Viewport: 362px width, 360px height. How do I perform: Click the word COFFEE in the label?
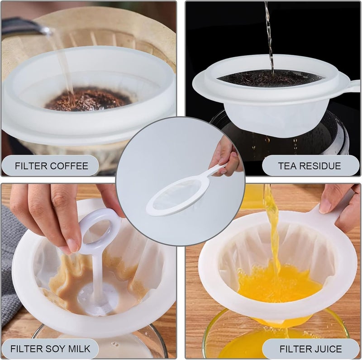(x=69, y=166)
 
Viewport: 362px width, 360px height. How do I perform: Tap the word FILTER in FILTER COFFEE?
(x=31, y=166)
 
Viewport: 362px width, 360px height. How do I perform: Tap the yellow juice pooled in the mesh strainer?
(x=279, y=282)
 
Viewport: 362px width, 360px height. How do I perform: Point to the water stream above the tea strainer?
(x=269, y=37)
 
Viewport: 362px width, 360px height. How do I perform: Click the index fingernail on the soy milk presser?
(x=74, y=246)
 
